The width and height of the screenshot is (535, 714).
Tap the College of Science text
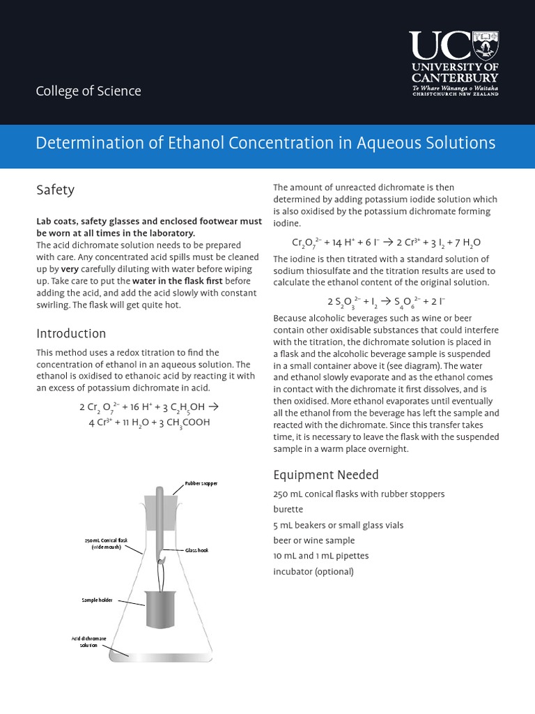click(88, 91)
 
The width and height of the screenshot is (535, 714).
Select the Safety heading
click(55, 190)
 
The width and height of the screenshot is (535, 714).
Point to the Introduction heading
click(71, 333)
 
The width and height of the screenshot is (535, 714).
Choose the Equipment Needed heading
click(325, 475)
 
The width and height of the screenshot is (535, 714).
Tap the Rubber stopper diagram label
click(201, 483)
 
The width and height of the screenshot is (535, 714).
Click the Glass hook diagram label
click(196, 550)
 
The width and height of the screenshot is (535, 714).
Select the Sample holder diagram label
click(97, 599)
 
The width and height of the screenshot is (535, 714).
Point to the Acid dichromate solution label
click(88, 641)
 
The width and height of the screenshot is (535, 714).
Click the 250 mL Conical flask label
click(107, 543)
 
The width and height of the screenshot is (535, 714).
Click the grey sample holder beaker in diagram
click(160, 607)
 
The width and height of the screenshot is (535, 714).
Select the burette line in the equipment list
click(288, 510)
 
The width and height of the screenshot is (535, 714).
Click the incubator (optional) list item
click(313, 572)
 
